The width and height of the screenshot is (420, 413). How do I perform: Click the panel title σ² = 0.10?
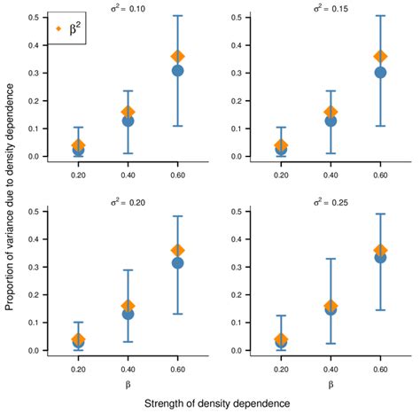[128, 9]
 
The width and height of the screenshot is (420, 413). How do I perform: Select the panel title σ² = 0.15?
[331, 9]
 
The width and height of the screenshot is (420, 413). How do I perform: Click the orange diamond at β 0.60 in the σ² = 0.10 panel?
[177, 57]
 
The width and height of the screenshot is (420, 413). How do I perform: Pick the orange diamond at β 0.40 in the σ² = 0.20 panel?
[128, 307]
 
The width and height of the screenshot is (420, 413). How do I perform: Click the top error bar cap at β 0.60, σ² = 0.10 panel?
[177, 16]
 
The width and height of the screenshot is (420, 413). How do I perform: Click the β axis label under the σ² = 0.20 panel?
[128, 386]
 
